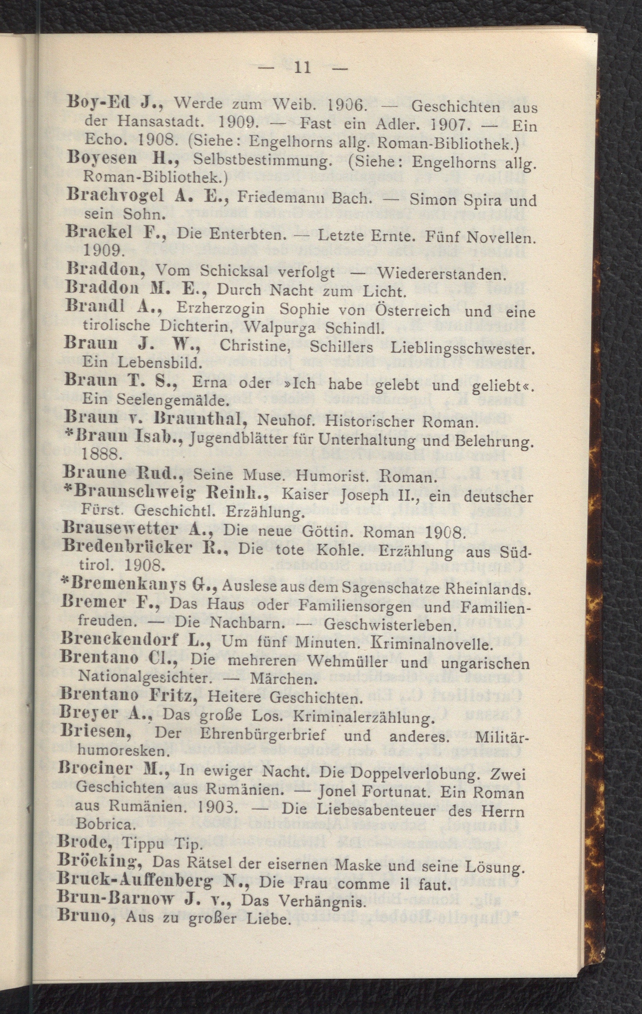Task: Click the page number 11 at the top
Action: point(303,68)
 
